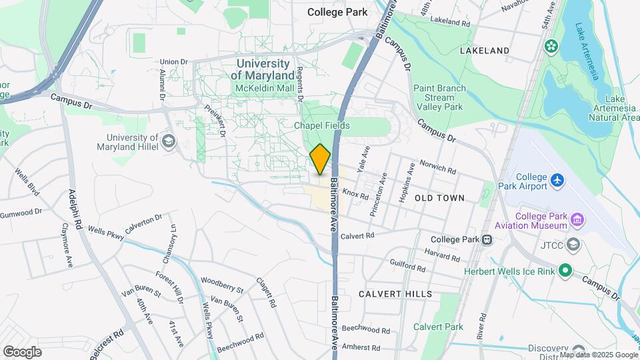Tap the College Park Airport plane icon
(x=557, y=180)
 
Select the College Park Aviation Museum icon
(x=577, y=219)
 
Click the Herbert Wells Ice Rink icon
(x=565, y=270)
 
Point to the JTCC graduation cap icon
(x=573, y=245)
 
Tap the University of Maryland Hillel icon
(x=169, y=141)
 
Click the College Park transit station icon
(x=488, y=240)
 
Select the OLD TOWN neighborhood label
(x=439, y=198)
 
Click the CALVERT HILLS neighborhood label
(x=395, y=294)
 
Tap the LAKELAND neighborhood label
(x=485, y=51)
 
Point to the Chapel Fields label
(x=322, y=125)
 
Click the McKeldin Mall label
(x=265, y=88)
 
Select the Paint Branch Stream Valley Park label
(x=439, y=97)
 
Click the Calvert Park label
(x=438, y=327)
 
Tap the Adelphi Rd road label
(x=75, y=208)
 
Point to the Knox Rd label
(x=355, y=193)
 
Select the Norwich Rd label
(x=438, y=167)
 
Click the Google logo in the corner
(x=22, y=351)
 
